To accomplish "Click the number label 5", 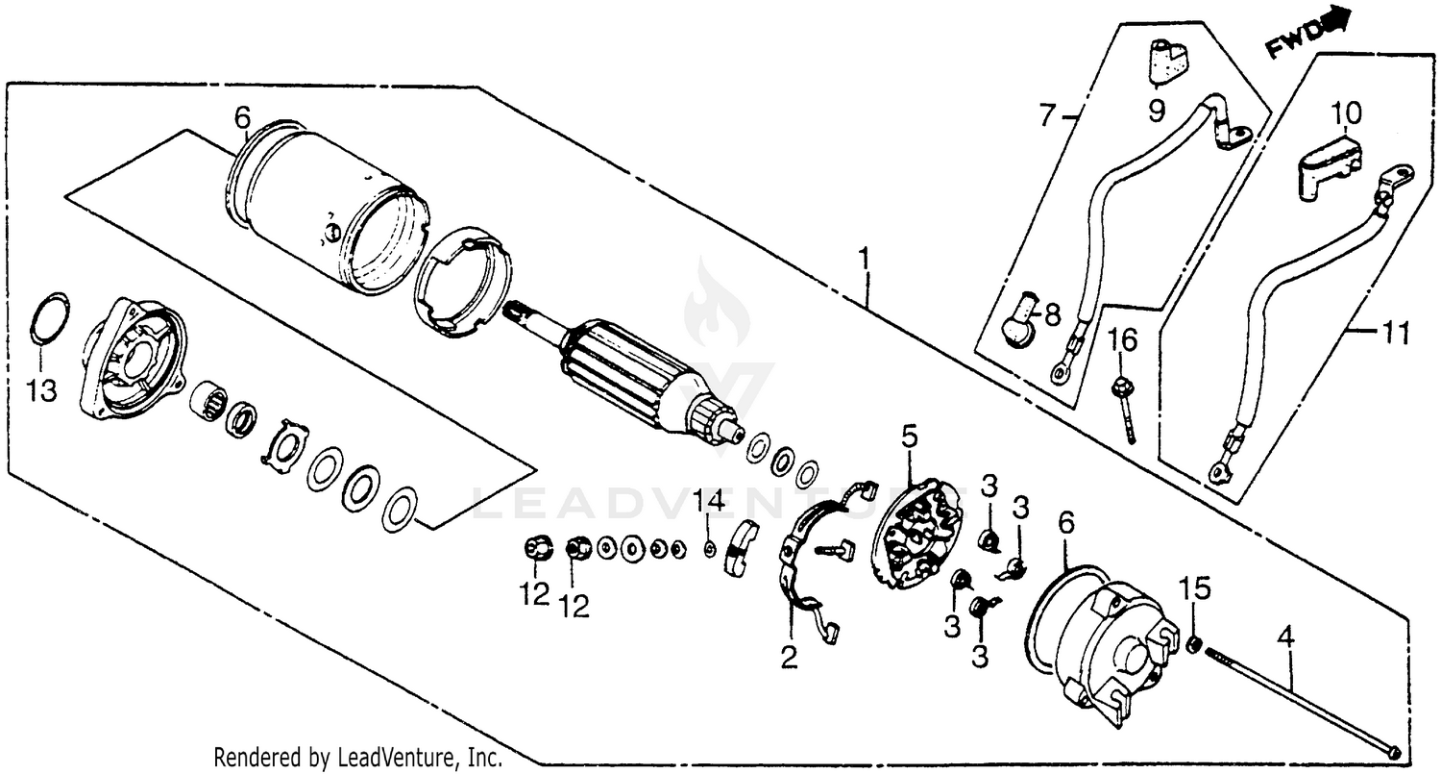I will (910, 437).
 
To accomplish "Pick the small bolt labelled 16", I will (1124, 409).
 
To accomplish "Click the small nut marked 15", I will (1192, 644).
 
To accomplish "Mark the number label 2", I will (789, 658).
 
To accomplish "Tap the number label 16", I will (1123, 338).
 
